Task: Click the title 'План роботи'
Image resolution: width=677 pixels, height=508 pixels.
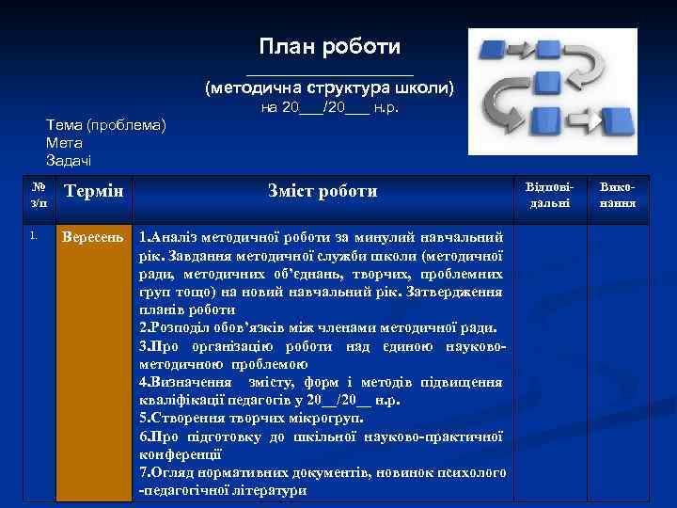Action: [329, 46]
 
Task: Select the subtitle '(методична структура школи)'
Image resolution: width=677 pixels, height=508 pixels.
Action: [329, 88]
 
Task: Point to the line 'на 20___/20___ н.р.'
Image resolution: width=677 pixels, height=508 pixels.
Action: [329, 109]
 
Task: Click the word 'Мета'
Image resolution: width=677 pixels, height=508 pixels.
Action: [64, 143]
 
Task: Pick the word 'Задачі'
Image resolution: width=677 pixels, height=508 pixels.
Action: [69, 161]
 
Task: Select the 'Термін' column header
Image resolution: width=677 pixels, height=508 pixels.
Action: [92, 192]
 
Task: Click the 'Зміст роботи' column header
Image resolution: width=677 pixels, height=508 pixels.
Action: [323, 192]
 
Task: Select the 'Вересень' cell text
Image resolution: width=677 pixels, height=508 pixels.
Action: [92, 235]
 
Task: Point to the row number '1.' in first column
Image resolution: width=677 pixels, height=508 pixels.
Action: [33, 235]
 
